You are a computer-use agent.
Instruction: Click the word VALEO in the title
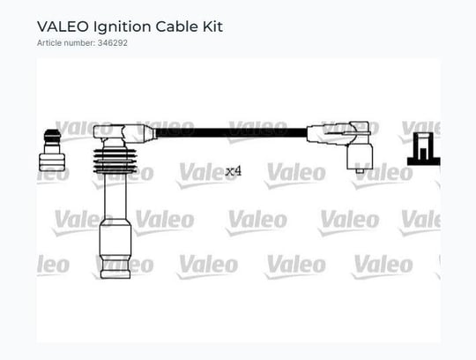point(63,26)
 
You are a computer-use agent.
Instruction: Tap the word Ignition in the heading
point(122,27)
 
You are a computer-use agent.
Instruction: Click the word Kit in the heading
point(212,26)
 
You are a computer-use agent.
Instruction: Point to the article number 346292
point(112,43)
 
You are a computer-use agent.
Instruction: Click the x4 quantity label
point(233,171)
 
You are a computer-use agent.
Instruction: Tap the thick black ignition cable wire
point(231,132)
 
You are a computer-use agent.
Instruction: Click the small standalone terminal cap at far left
point(52,150)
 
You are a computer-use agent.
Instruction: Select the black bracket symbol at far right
point(423,149)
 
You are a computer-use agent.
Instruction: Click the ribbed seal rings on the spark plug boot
point(115,161)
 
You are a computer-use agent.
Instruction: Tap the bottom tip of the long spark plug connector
point(115,278)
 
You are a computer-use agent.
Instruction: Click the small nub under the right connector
point(360,171)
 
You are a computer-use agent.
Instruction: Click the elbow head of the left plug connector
point(123,133)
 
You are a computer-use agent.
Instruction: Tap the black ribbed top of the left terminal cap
point(52,136)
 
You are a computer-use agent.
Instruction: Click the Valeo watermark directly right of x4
point(296,175)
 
